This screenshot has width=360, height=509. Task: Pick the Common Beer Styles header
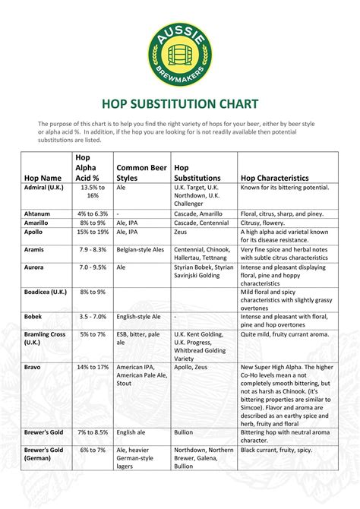(x=141, y=172)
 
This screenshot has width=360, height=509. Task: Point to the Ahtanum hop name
(x=39, y=213)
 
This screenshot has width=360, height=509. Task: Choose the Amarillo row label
(x=39, y=223)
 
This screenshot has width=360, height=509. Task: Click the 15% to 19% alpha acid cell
(x=93, y=232)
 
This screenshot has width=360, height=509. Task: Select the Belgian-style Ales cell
(x=140, y=249)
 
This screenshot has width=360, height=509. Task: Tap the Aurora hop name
(x=35, y=267)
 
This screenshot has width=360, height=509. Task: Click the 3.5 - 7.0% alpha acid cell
(x=93, y=315)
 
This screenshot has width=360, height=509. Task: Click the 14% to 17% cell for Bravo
(x=93, y=367)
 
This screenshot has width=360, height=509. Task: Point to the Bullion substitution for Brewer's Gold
(x=183, y=432)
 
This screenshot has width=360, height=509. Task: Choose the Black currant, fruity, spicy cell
(x=276, y=451)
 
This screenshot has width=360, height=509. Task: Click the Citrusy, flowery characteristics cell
(x=262, y=223)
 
